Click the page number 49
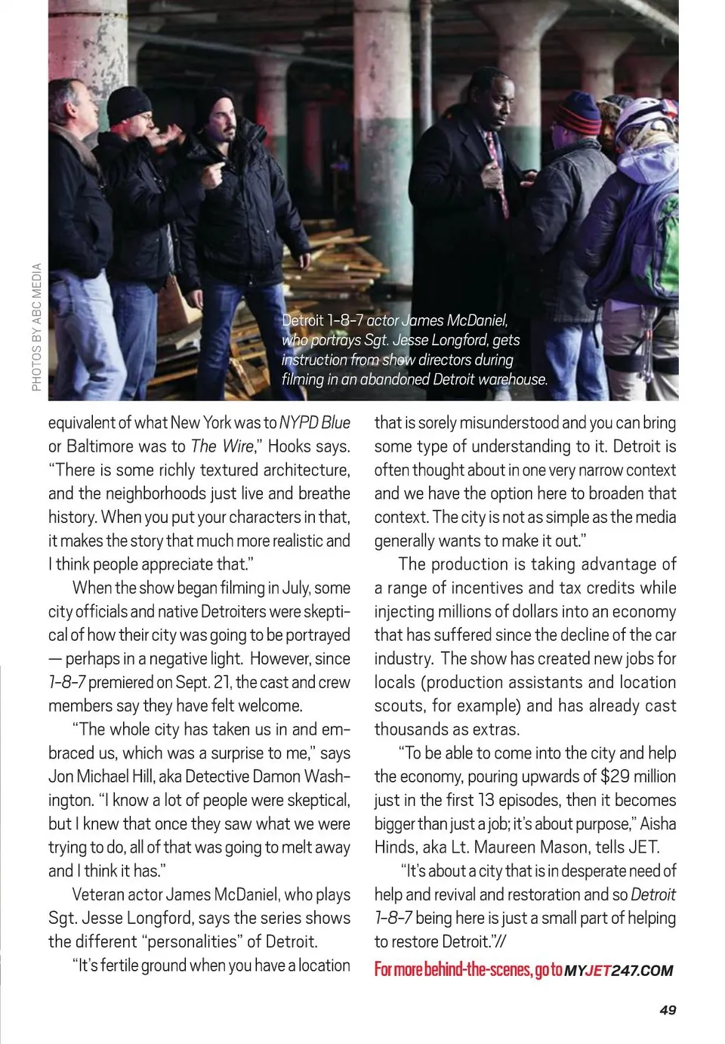tap(668, 1010)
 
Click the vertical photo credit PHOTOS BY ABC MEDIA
tap(36, 327)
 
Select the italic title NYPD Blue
tap(315, 423)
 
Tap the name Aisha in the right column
tap(658, 823)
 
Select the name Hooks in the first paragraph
tap(289, 446)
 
